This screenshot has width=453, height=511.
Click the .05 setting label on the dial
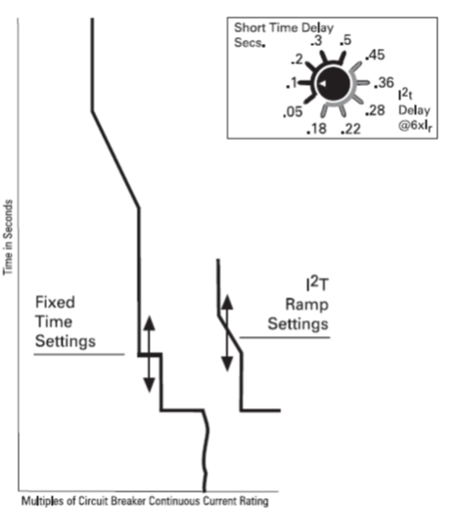tap(293, 111)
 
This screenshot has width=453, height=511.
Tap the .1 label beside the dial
tap(292, 83)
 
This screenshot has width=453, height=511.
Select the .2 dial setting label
tap(297, 60)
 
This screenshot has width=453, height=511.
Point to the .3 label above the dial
tap(316, 40)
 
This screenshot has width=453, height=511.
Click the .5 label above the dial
tap(345, 40)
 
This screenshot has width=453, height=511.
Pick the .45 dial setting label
tap(375, 55)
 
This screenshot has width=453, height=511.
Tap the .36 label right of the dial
tap(385, 83)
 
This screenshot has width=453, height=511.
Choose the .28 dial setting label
tap(375, 110)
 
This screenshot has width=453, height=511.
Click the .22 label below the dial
tap(350, 129)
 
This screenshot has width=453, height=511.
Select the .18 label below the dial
tap(316, 128)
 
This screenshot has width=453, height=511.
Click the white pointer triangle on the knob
tap(323, 83)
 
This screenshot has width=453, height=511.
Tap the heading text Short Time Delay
tap(284, 27)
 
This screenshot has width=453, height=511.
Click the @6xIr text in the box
tap(415, 126)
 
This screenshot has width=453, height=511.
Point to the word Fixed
tap(55, 302)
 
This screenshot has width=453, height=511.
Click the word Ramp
tap(307, 305)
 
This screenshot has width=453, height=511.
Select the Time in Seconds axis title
tap(8, 237)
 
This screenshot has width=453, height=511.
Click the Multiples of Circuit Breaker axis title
tap(145, 501)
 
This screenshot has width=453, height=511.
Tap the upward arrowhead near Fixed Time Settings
tap(149, 323)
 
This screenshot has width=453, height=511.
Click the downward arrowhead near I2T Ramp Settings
tap(227, 364)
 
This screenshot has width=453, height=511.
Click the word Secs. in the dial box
tap(249, 43)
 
